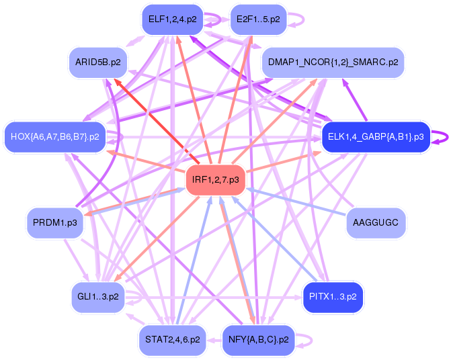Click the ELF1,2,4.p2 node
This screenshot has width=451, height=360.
pos(172,19)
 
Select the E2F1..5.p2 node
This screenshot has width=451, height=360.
pos(258,19)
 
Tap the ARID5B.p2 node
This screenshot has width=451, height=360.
pos(98,62)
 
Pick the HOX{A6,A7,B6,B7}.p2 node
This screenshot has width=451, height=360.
pos(55,136)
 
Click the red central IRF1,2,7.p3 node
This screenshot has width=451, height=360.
pos(215,179)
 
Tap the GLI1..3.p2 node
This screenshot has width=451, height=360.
pos(98,296)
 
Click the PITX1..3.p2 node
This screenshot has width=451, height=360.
pos(333,296)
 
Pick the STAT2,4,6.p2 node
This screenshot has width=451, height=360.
pos(172,339)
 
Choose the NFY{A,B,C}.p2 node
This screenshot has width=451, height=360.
pos(258,339)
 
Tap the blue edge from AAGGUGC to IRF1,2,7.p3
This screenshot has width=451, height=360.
pos(296,201)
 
